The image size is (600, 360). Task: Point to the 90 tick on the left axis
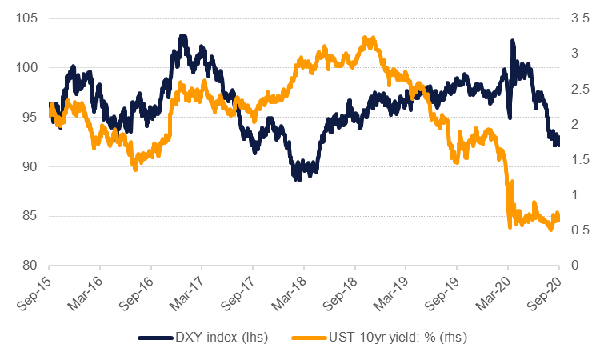[30, 166]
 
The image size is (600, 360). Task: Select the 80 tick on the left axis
[30, 265]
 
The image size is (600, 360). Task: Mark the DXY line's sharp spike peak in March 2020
[512, 41]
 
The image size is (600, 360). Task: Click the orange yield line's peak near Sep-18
[366, 38]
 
